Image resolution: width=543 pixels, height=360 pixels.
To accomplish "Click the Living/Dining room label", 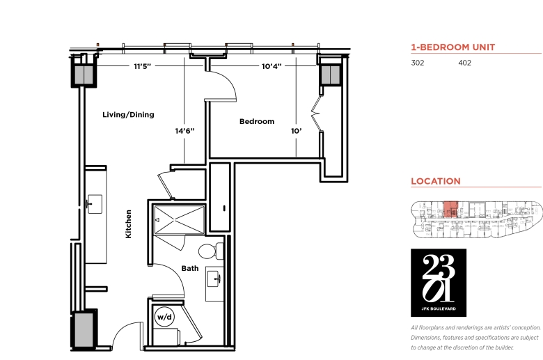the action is point(128,115).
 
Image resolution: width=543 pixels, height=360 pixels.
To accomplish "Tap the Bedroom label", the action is point(257,122).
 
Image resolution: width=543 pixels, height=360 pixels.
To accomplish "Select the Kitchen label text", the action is point(129,224).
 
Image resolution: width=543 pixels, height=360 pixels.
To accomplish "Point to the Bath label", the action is point(190,268).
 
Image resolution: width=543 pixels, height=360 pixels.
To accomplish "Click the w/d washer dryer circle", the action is point(164,317).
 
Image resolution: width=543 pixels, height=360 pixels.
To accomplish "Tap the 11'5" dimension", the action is point(142,66).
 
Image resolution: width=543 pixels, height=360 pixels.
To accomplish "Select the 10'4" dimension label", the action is point(271,66).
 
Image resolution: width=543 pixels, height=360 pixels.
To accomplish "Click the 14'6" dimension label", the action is point(184,131).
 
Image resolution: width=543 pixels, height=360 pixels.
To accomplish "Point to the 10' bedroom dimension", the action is point(296,131).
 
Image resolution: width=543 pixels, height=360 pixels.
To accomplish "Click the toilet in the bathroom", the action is point(211,251).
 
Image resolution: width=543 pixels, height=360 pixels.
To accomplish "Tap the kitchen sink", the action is point(94,204).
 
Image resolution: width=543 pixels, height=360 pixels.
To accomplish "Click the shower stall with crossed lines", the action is point(179,220).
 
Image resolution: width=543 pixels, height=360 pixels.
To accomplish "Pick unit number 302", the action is point(417,63).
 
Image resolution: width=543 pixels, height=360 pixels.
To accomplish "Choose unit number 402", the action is point(464,63).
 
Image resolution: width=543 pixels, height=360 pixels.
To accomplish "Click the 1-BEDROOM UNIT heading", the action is point(453,47).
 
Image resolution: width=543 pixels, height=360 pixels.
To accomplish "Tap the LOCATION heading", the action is point(436,181).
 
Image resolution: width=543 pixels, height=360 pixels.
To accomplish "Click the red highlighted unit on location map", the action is point(450,209).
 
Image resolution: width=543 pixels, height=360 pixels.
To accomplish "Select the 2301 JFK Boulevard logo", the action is point(439,283).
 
